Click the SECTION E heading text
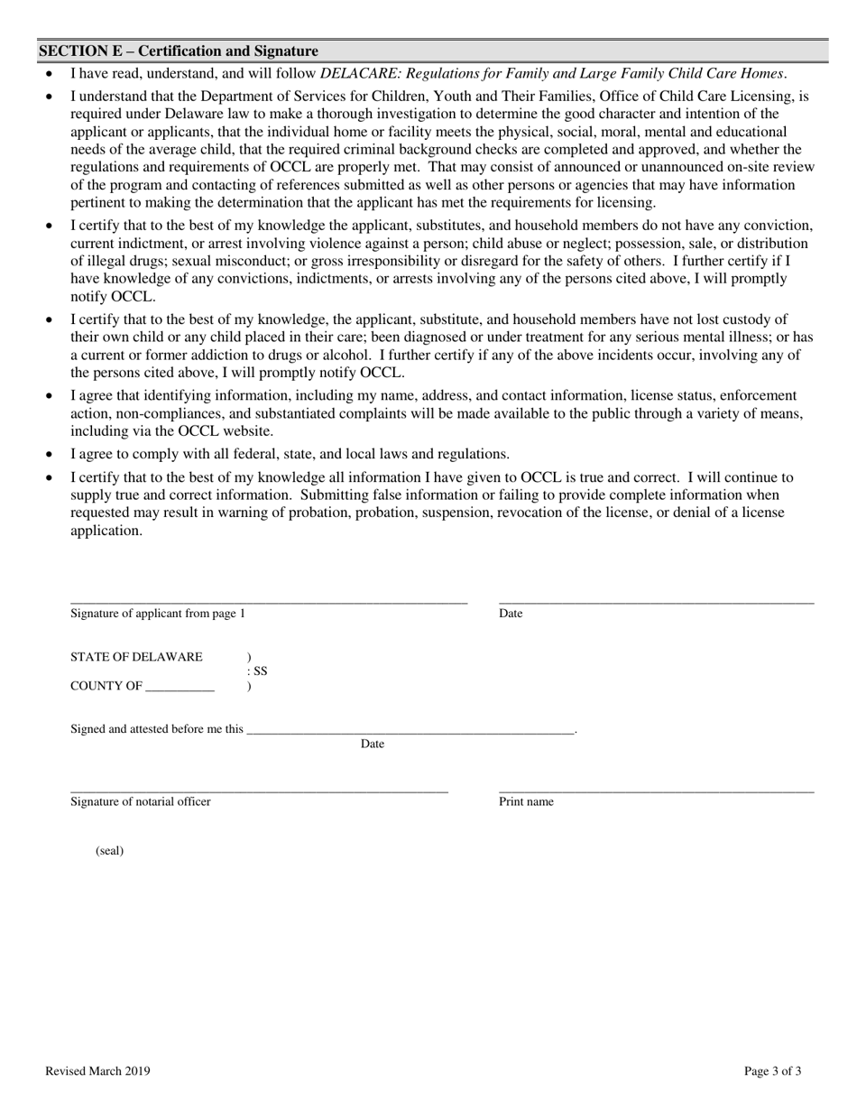178,51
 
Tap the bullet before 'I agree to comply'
51,455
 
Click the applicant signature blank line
269,601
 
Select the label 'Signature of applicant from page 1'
158,615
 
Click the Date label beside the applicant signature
511,615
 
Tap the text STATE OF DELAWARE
136,657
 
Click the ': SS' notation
257,671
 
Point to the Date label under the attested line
373,745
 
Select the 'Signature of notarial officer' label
141,802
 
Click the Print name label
526,802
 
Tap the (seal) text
109,851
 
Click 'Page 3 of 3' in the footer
772,1072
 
